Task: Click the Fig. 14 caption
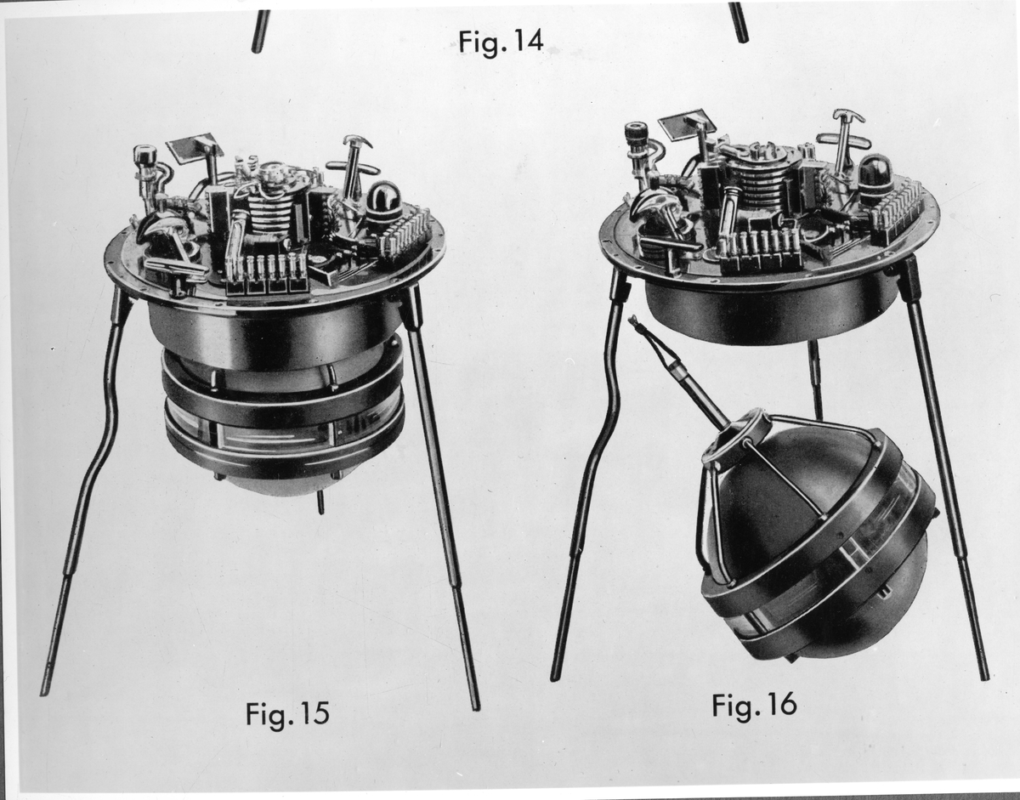501,43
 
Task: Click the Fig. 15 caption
287,713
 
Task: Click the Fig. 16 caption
754,705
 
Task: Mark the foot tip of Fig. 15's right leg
477,708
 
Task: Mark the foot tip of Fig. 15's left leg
43,693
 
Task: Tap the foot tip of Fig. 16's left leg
555,678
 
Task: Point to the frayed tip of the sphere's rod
633,321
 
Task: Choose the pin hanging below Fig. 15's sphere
320,502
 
